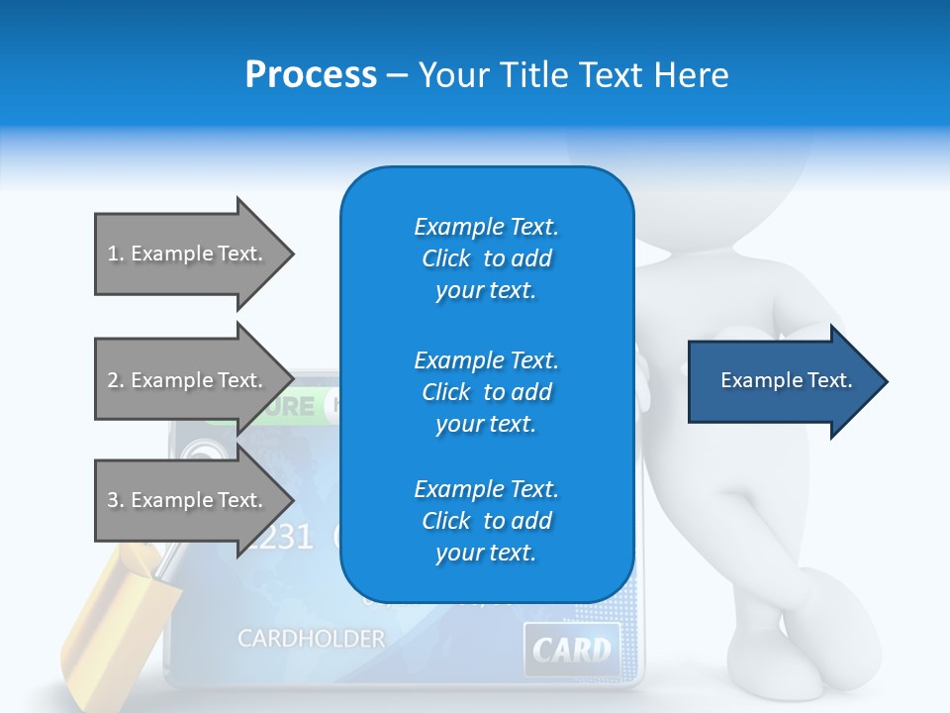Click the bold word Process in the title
(x=311, y=75)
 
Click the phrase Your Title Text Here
(x=573, y=75)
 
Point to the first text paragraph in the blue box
(x=486, y=258)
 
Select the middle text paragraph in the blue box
(x=486, y=392)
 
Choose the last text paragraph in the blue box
(x=486, y=521)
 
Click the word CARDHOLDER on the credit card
(x=311, y=639)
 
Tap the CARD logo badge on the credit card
(x=572, y=650)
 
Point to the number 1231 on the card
(x=281, y=537)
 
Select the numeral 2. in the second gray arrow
(x=116, y=380)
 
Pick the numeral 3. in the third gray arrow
(x=116, y=500)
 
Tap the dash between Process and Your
(x=397, y=75)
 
